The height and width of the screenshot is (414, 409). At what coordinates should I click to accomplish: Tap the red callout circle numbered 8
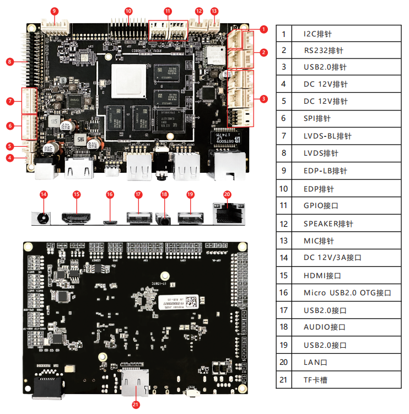pos(10,61)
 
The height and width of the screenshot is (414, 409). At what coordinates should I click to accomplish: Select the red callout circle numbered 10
pos(128,11)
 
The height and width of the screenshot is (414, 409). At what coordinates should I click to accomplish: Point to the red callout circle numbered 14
pos(44,194)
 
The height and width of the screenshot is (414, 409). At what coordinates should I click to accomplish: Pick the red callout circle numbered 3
pos(264,99)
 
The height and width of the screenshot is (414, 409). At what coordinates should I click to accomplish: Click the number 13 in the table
pos(284,241)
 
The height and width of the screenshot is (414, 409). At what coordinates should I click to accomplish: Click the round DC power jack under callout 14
pos(40,217)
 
